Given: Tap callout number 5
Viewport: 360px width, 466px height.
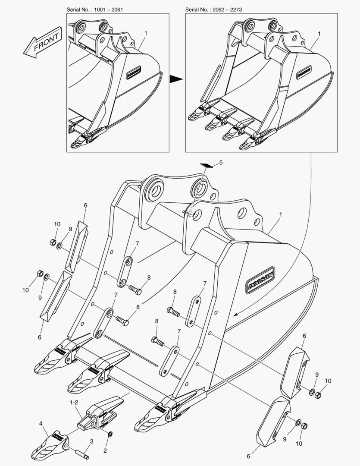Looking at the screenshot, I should pos(221,163).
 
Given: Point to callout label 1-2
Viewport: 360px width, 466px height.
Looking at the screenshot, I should pos(74,402).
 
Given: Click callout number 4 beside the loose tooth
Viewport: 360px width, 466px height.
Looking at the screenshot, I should pos(41,423).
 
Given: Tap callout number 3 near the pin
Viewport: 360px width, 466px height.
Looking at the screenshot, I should pos(91,441).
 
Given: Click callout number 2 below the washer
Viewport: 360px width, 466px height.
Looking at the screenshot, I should pos(104,450).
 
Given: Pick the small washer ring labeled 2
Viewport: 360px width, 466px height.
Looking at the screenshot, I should pos(110,434).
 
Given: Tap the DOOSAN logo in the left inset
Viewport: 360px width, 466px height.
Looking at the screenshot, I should pos(135,73).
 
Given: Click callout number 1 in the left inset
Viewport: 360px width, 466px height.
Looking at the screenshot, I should pos(146,33).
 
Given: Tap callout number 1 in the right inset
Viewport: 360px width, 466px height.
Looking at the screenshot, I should pos(319,33).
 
